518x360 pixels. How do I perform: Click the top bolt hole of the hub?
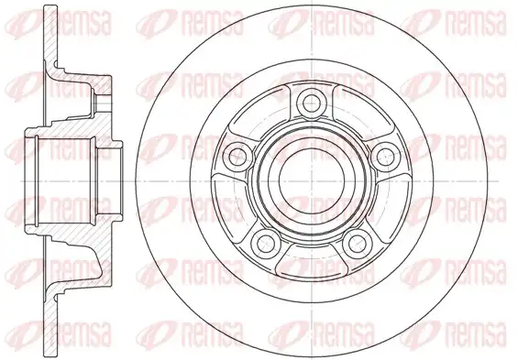(x=312, y=103)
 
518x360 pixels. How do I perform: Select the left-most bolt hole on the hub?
(x=237, y=153)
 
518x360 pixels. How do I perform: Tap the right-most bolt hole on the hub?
(x=385, y=155)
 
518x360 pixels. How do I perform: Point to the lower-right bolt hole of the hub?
(x=355, y=243)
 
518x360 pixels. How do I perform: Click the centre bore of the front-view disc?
(x=312, y=180)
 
